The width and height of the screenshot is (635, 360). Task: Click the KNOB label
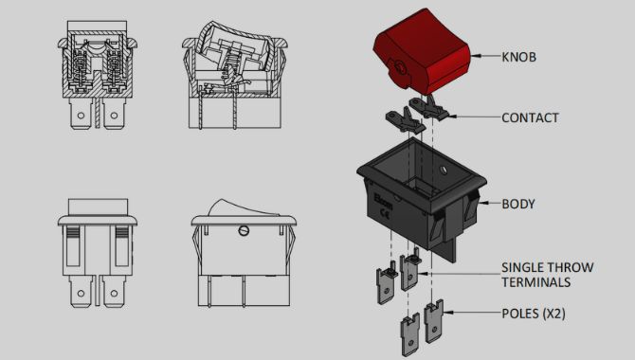click(x=518, y=57)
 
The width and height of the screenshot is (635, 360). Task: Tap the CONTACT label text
click(x=530, y=117)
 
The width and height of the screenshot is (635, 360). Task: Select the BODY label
click(x=518, y=204)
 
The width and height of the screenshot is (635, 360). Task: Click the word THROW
click(x=571, y=267)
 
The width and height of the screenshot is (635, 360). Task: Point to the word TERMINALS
click(x=536, y=282)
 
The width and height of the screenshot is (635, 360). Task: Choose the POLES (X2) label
click(x=534, y=314)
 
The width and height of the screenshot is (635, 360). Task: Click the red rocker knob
click(x=422, y=50)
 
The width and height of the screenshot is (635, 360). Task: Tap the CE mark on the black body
click(x=385, y=213)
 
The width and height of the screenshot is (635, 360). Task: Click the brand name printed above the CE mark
click(x=383, y=201)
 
